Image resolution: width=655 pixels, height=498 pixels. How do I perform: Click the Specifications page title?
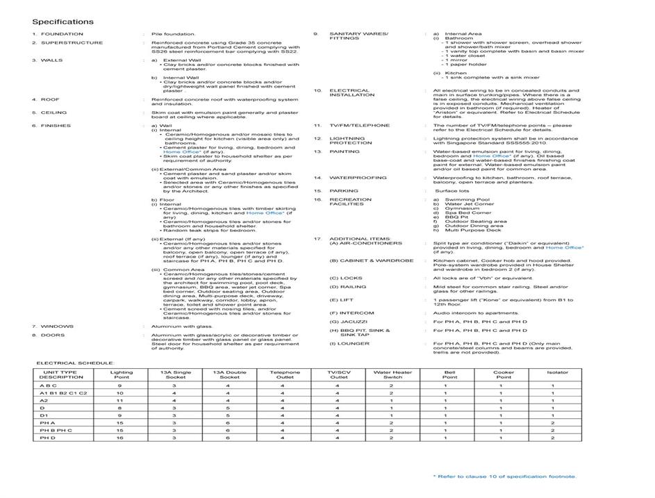pos(63,22)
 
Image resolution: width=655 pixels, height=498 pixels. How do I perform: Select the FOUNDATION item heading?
pos(62,34)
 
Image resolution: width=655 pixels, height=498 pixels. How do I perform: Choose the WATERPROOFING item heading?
pos(358,178)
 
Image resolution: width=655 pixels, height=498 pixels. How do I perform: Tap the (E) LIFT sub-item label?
pos(342,300)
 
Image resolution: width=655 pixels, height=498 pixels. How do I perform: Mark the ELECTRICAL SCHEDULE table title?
pos(75,363)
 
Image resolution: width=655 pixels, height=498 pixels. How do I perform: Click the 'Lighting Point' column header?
pos(121,374)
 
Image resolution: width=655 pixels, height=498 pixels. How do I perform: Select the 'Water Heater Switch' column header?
pos(392,374)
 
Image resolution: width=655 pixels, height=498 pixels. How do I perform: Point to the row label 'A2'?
pos(44,401)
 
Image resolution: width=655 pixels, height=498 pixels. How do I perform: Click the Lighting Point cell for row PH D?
pos(119,438)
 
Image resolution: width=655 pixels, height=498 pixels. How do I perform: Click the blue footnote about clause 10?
pos(504,476)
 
